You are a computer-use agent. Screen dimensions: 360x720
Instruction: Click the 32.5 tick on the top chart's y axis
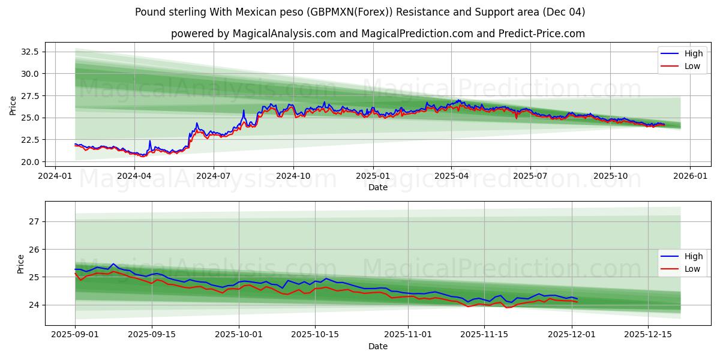(x=31, y=52)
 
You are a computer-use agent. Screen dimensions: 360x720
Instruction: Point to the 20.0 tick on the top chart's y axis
(x=31, y=162)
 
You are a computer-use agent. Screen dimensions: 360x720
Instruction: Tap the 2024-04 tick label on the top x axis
(x=134, y=176)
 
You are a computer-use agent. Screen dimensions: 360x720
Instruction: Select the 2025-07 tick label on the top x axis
(x=530, y=176)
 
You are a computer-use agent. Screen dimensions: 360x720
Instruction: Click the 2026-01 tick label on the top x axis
(x=689, y=176)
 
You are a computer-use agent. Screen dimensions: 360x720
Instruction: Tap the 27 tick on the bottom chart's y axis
(x=34, y=221)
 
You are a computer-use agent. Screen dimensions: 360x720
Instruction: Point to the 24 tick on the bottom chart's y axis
(x=34, y=305)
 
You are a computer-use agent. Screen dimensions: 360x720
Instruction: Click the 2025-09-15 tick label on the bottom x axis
(x=152, y=335)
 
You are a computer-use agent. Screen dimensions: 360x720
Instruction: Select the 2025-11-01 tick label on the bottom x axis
(x=408, y=335)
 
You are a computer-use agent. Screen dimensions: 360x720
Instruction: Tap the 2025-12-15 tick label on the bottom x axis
(x=647, y=335)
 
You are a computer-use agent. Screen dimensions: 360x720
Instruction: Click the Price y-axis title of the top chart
(x=13, y=106)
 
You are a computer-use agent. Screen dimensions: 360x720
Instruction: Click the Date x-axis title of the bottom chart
(x=378, y=346)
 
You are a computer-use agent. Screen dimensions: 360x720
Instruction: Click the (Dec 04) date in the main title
(x=563, y=12)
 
